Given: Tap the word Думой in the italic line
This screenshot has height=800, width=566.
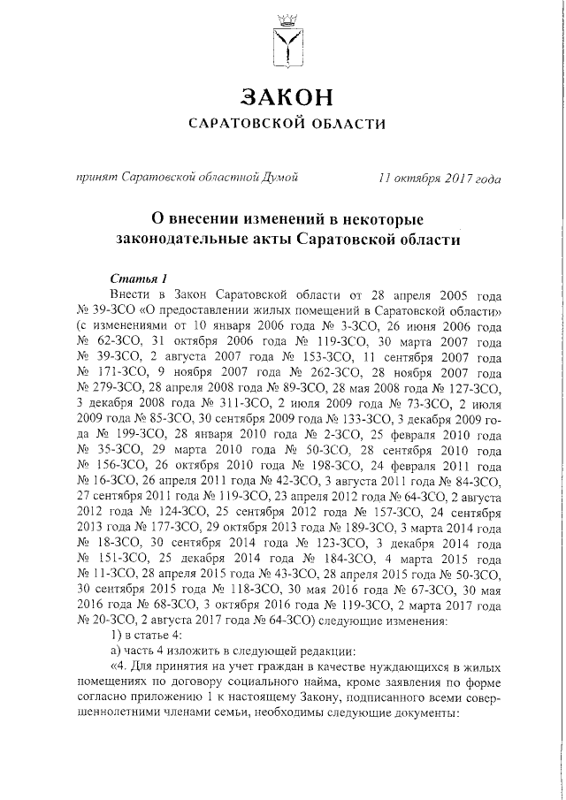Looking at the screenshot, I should tap(280, 178).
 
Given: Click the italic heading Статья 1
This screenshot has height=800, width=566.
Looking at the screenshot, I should tap(136, 277).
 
